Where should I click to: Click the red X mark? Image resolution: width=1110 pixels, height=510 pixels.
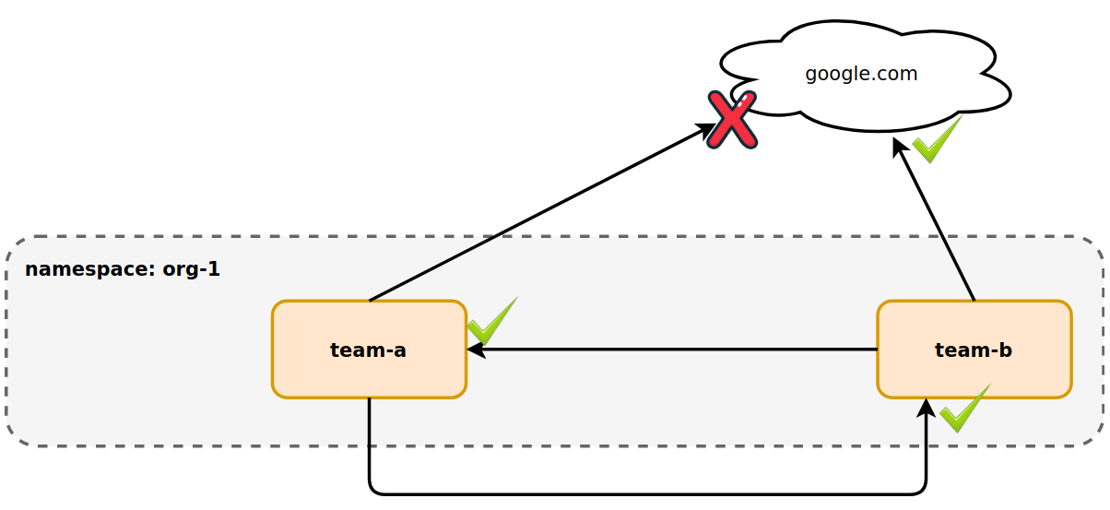[x=732, y=119]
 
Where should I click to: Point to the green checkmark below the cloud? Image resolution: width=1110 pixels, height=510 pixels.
[x=937, y=141]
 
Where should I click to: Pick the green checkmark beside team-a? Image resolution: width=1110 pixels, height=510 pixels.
[x=491, y=322]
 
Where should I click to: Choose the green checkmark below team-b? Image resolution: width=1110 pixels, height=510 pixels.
[x=964, y=409]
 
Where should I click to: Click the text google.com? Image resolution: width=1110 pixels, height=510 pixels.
[x=861, y=74]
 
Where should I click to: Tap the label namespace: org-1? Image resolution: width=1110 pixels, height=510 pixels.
[x=122, y=269]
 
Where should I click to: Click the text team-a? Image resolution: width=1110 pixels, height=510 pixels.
[x=368, y=350]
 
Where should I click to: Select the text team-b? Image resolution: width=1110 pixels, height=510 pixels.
[x=973, y=350]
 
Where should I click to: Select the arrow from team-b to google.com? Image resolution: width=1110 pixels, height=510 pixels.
[x=934, y=219]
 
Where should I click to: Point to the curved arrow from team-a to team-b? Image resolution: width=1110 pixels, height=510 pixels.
[x=645, y=493]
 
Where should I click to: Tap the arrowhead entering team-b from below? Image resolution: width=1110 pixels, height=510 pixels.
[x=926, y=408]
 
